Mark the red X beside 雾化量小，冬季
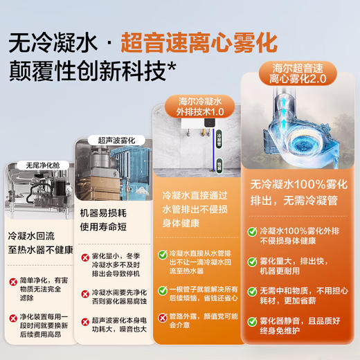[87, 257]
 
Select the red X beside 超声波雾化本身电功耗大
[87, 322]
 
